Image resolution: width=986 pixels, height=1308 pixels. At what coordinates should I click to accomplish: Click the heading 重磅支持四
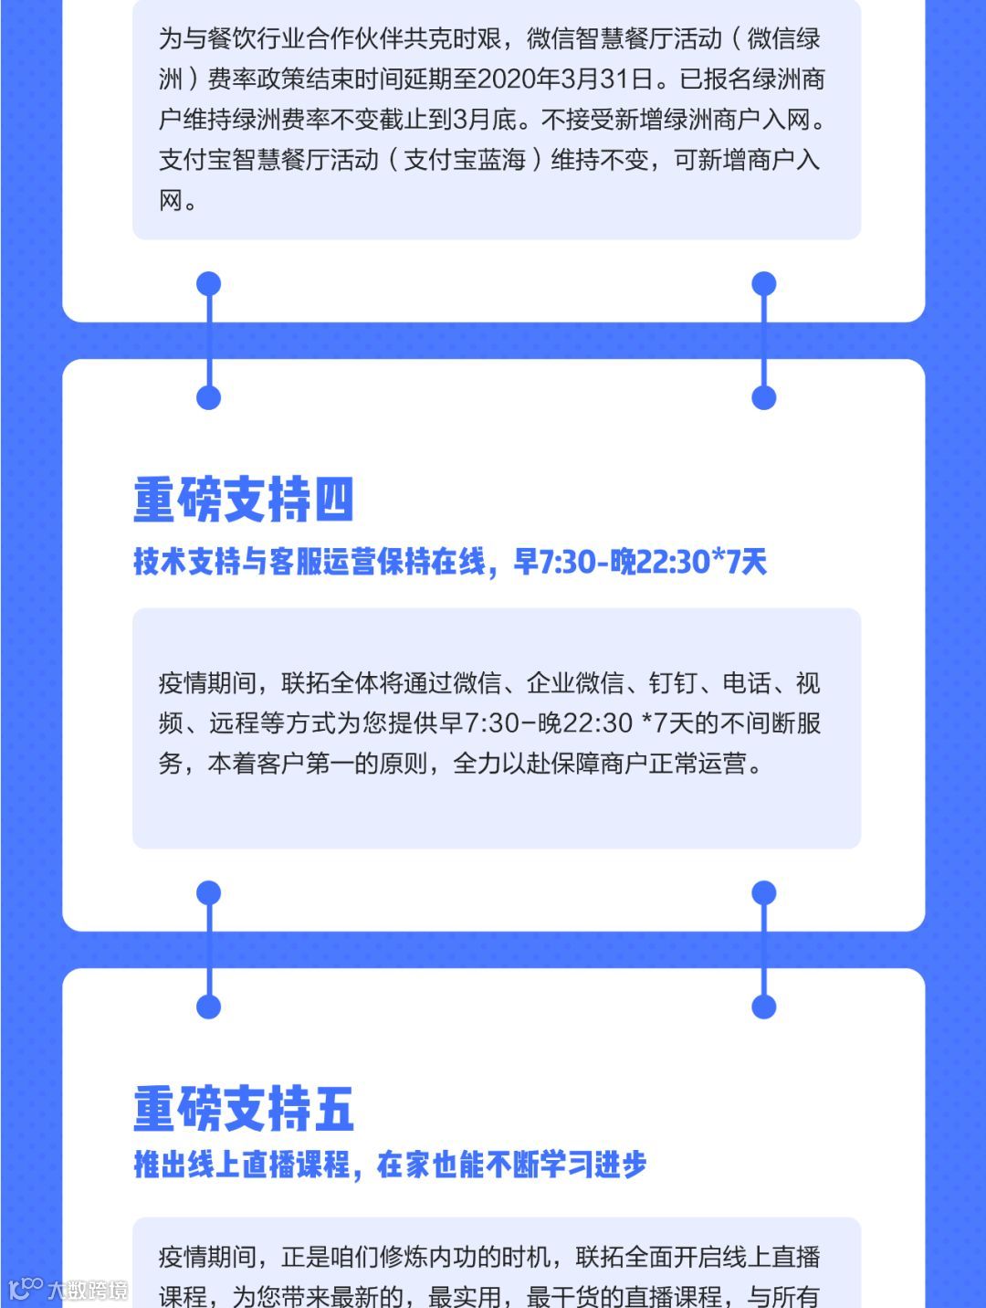243,500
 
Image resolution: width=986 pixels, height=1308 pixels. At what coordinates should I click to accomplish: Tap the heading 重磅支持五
243,1108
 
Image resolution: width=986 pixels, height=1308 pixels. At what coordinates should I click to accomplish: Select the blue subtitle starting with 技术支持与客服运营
449,561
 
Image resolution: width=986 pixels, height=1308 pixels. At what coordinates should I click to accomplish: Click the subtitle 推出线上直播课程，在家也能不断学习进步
390,1165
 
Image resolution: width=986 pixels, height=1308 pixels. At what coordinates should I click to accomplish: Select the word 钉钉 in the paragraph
673,683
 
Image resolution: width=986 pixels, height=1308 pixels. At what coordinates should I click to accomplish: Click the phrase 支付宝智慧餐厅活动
268,160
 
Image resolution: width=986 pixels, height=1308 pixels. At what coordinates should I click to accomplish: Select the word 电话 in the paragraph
747,683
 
